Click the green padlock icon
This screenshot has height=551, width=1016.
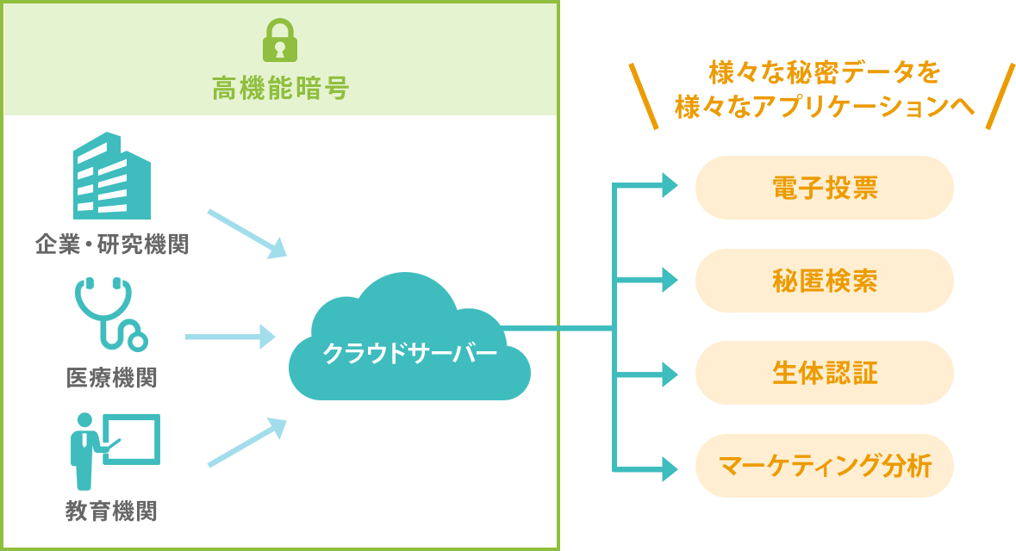pyautogui.click(x=279, y=40)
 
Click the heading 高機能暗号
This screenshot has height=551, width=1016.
pyautogui.click(x=280, y=89)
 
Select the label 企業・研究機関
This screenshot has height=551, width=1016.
pyautogui.click(x=112, y=245)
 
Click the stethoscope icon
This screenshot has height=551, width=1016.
pyautogui.click(x=111, y=314)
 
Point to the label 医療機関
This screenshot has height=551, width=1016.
pyautogui.click(x=112, y=377)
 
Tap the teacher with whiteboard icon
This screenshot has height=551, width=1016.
pyautogui.click(x=114, y=450)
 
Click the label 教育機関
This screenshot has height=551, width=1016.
pyautogui.click(x=112, y=511)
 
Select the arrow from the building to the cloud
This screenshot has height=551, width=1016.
pyautogui.click(x=246, y=232)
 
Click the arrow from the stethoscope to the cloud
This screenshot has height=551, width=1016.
pyautogui.click(x=230, y=337)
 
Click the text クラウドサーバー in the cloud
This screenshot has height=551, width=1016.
pyautogui.click(x=409, y=354)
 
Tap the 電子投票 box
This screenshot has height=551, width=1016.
pyautogui.click(x=825, y=188)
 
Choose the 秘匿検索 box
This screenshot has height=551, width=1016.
pyautogui.click(x=825, y=280)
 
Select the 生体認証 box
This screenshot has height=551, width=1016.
pyautogui.click(x=825, y=373)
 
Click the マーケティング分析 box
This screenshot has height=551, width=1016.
pyautogui.click(x=825, y=466)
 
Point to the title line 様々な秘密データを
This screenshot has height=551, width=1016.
pyautogui.click(x=824, y=73)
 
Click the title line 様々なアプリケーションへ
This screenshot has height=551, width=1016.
pyautogui.click(x=825, y=106)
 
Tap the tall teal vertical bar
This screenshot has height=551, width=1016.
pyautogui.click(x=645, y=326)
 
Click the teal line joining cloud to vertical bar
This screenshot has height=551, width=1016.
pyautogui.click(x=556, y=328)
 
